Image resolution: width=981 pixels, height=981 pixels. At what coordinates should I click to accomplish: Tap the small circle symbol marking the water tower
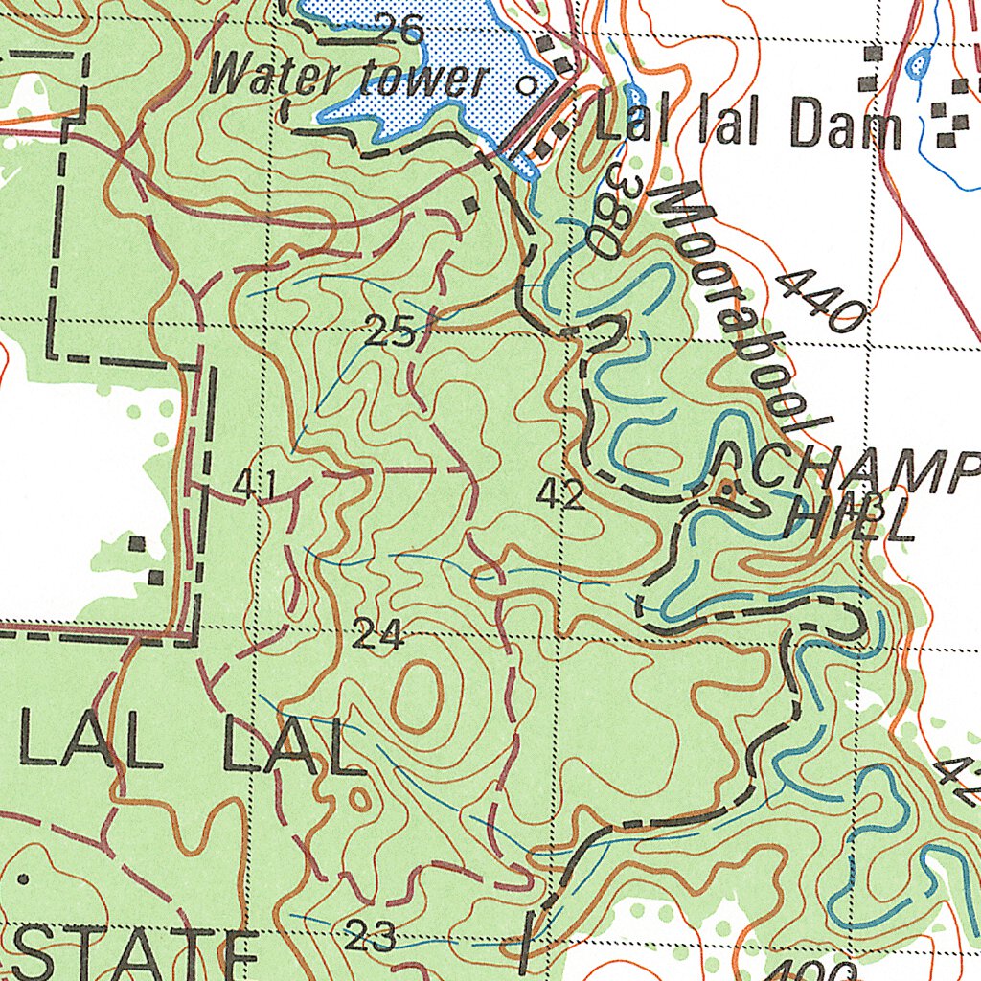[525, 84]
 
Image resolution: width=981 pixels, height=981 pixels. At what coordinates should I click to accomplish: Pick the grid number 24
[377, 634]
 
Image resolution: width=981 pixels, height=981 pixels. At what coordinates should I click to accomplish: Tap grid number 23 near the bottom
[370, 936]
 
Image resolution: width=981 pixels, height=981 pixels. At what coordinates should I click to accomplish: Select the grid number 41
[254, 486]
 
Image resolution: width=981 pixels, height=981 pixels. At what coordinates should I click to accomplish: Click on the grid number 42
[560, 495]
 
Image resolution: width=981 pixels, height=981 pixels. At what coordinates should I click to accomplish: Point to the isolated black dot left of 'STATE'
[23, 878]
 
